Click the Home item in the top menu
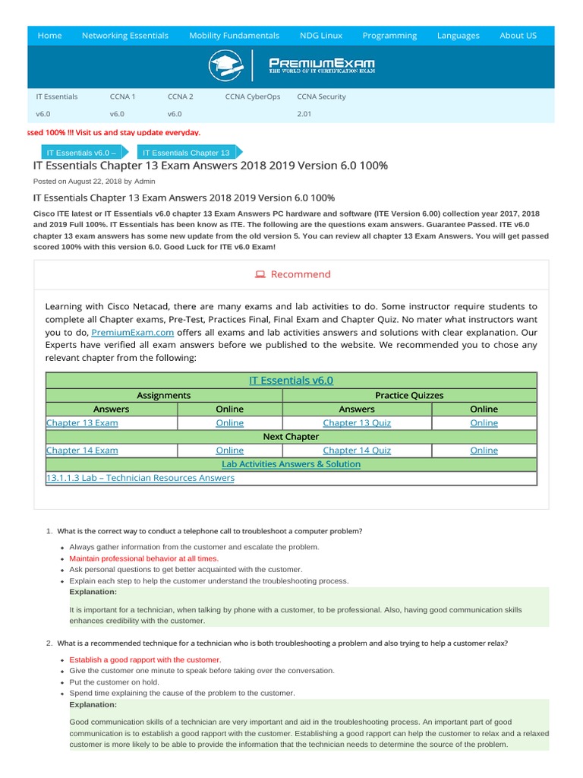coord(49,36)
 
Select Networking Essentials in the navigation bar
coord(125,36)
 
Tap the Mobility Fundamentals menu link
coord(234,36)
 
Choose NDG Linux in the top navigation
coord(320,36)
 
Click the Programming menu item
coord(389,36)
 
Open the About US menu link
coord(518,36)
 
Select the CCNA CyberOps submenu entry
coord(252,97)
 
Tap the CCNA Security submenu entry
coord(321,97)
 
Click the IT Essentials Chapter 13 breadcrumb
coord(186,153)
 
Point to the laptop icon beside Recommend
coord(260,274)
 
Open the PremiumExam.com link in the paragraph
coord(133,333)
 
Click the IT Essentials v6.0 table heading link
coord(291,381)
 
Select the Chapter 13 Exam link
coord(82,423)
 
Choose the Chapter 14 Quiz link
coord(357,451)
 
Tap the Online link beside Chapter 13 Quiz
coord(484,423)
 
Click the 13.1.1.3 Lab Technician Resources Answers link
coord(140,478)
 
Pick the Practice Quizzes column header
coord(409,396)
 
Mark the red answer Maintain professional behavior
coord(143,558)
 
